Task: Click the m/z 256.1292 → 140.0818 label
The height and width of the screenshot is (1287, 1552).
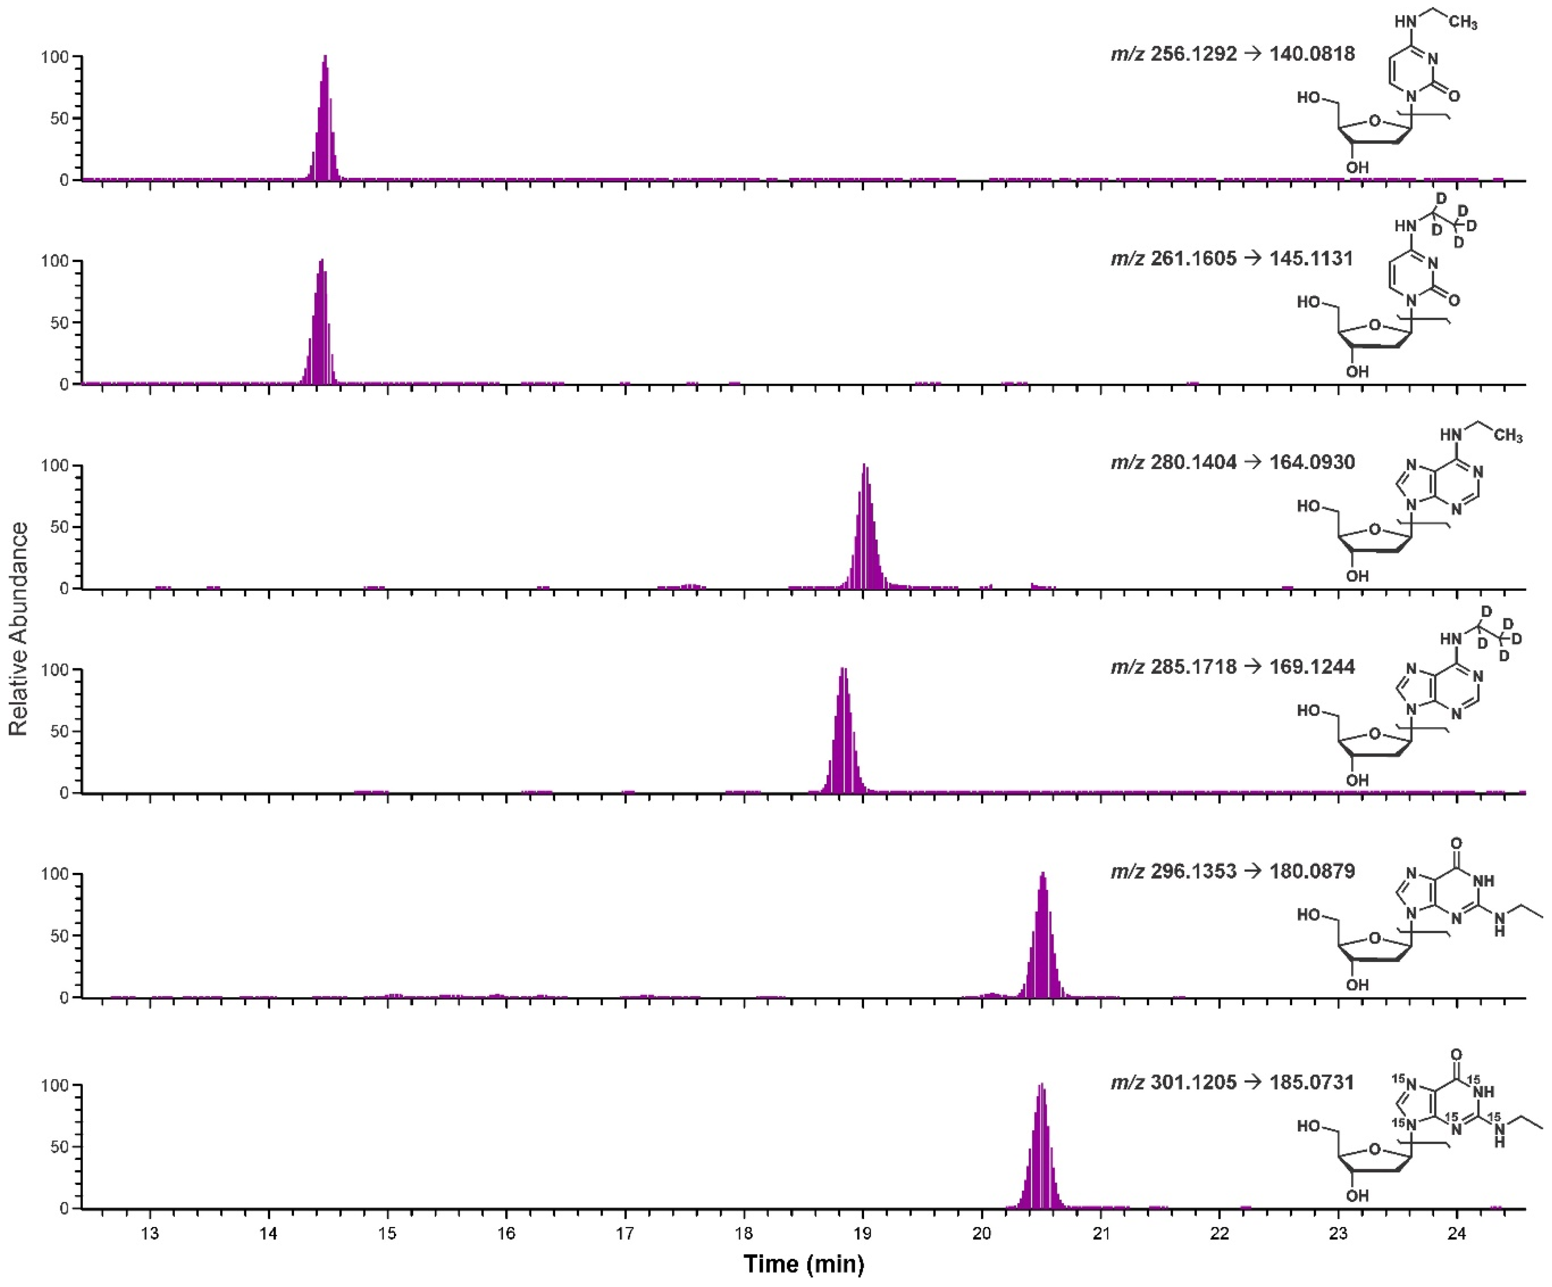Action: tap(1232, 54)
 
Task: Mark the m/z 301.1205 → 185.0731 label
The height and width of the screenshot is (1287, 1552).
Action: tap(1232, 1082)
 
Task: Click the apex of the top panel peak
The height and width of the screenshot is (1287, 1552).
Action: tap(324, 57)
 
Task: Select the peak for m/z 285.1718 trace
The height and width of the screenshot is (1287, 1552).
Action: tap(843, 670)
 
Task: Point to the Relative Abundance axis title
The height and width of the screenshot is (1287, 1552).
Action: tap(18, 628)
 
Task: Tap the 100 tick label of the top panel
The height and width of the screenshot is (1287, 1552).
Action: tap(55, 57)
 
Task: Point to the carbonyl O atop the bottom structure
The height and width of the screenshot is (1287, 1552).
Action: tap(1456, 1054)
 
